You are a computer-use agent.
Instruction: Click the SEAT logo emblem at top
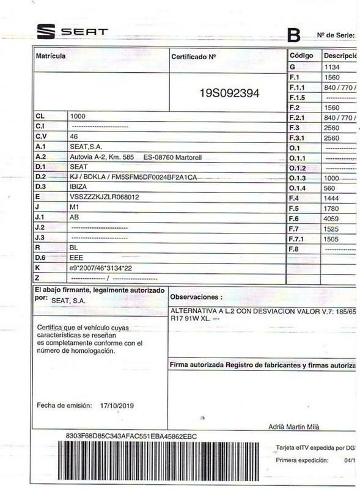click(x=46, y=32)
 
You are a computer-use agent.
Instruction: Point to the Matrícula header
click(x=51, y=56)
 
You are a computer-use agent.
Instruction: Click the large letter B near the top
click(x=296, y=34)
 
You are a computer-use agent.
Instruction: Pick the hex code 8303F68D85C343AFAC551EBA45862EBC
click(x=131, y=436)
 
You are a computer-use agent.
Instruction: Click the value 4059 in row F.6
click(x=331, y=218)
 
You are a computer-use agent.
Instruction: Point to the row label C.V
click(x=41, y=136)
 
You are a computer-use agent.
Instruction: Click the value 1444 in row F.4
click(x=331, y=199)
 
